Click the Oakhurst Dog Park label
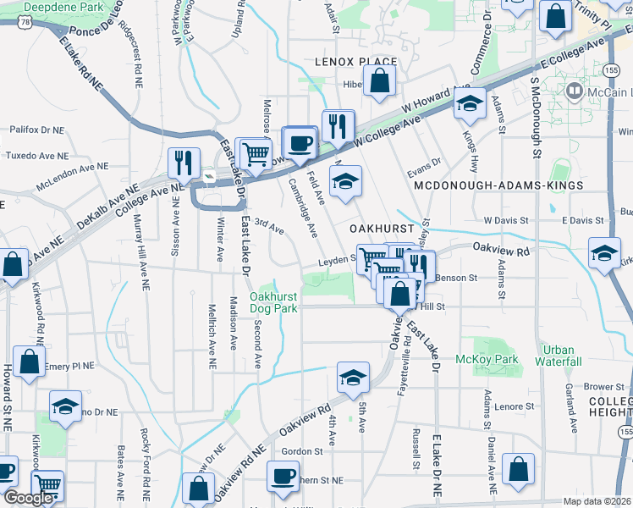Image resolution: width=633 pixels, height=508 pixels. coord(273,302)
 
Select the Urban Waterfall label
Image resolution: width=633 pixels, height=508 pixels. coord(559,356)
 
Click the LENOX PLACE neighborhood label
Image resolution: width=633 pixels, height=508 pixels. coord(355,62)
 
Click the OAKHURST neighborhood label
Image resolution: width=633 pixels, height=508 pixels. coord(383,229)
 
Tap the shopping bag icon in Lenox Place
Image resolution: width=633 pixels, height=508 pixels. coord(381,80)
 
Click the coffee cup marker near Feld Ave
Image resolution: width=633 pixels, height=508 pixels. coord(299,142)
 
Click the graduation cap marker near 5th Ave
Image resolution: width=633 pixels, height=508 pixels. coord(353,377)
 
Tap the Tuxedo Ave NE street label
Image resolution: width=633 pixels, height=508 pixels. coord(36,156)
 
